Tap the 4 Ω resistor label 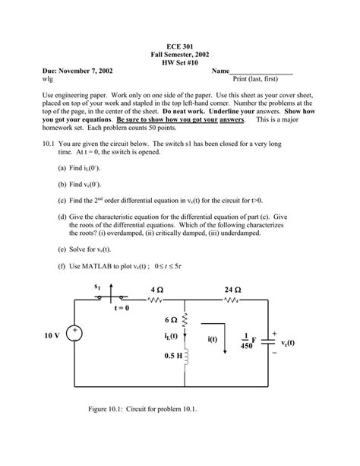[x=157, y=290]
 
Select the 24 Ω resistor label [x=233, y=290]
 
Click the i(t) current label [x=213, y=339]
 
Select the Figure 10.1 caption [x=142, y=411]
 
